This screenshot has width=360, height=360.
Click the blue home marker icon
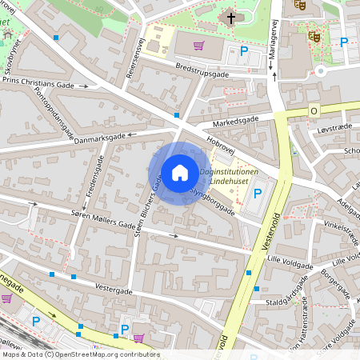click(x=179, y=172)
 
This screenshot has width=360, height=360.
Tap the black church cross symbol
click(x=231, y=17)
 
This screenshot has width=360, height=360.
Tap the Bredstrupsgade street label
click(x=202, y=70)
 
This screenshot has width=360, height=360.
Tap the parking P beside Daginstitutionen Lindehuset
click(x=258, y=193)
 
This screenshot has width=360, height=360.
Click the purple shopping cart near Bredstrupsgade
click(x=198, y=45)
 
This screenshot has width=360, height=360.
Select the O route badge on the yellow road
click(x=314, y=110)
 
